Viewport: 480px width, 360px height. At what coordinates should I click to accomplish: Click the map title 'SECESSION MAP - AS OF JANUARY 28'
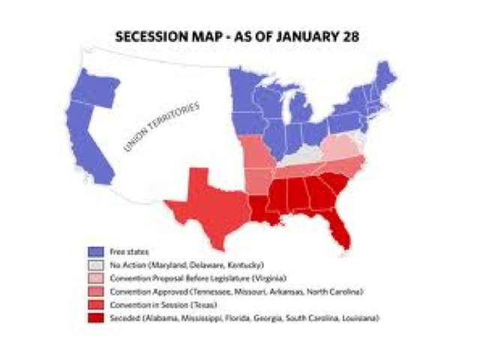click(240, 35)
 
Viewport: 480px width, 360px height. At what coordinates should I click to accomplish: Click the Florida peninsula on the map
click(341, 229)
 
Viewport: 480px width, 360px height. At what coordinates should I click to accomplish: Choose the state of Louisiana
click(262, 208)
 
